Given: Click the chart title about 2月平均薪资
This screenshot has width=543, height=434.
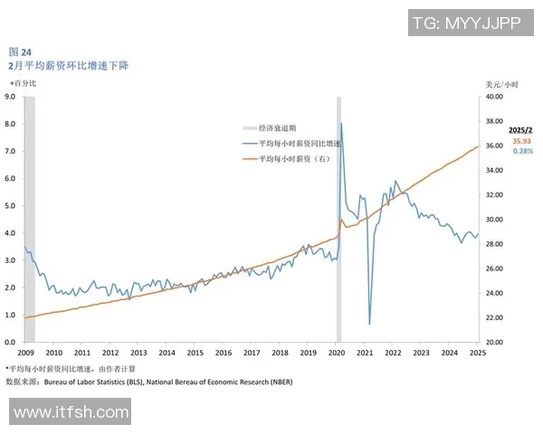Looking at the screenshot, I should (x=68, y=66).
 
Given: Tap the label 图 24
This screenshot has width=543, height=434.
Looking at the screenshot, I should (x=20, y=52).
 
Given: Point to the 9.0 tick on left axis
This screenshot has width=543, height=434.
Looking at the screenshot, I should (x=10, y=96).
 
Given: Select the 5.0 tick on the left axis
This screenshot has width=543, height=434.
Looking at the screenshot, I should (x=10, y=205).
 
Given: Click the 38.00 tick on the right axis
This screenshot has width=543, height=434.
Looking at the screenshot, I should (x=493, y=121).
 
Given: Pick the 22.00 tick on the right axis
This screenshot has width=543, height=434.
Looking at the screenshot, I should (x=493, y=318).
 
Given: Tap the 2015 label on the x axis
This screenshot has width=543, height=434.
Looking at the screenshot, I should (x=195, y=353).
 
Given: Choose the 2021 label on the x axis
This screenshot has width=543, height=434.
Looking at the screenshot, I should (x=365, y=353).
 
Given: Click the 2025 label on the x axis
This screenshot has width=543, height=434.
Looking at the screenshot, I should (x=477, y=353).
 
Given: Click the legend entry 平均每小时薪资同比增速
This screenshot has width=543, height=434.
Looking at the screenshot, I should (x=299, y=144).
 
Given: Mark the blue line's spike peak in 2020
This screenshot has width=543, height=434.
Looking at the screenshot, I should (x=340, y=123).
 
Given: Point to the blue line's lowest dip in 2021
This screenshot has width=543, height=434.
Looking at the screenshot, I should (x=369, y=324).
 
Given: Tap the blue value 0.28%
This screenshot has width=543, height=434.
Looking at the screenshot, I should (x=522, y=151).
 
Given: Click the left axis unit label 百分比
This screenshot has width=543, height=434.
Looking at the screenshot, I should (x=24, y=83).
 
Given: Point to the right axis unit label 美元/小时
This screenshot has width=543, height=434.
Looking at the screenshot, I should (x=493, y=83).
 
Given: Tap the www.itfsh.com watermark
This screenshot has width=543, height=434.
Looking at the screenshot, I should (x=71, y=412).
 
